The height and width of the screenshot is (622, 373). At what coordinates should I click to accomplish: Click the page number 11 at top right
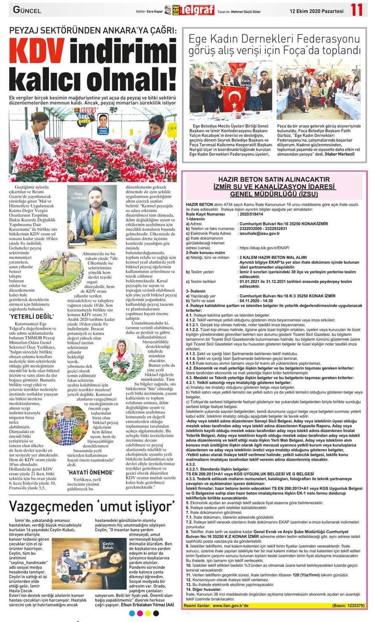356,10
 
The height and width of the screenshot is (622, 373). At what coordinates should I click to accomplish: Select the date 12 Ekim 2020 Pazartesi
316,11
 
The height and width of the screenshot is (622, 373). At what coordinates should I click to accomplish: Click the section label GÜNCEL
27,10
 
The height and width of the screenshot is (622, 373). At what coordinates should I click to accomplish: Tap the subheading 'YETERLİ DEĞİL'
32,316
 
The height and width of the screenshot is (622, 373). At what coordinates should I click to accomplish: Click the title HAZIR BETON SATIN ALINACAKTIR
274,180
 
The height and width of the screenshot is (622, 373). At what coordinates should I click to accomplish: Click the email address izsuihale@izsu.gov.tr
259,233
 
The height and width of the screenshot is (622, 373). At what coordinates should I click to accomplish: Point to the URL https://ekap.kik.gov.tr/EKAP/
264,248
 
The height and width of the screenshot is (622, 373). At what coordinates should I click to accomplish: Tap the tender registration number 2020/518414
251,214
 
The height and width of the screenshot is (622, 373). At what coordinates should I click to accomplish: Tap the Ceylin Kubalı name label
108,545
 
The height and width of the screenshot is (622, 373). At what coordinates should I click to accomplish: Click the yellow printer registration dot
148,613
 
